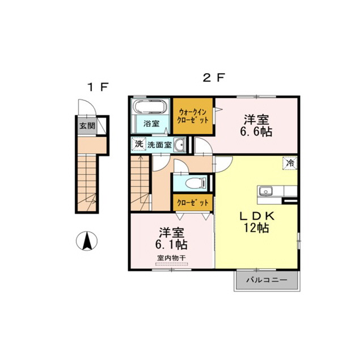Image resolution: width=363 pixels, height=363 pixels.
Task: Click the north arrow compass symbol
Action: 87,241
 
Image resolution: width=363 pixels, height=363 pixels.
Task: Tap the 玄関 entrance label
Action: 87,126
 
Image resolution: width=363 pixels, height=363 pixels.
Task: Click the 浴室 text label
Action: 151,124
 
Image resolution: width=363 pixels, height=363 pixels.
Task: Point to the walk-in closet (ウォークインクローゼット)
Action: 193,116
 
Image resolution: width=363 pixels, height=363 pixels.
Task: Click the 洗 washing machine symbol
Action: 138,144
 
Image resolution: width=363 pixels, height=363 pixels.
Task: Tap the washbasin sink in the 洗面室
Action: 179,145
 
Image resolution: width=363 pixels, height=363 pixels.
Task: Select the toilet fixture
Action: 196,183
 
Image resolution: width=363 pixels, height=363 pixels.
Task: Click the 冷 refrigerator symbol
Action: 290,163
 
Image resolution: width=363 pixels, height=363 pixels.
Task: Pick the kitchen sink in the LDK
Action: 266,191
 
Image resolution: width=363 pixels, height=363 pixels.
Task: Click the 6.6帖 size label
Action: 256,132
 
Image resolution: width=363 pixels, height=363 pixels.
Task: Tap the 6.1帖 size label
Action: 171,244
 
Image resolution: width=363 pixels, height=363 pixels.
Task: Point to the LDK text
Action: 256,216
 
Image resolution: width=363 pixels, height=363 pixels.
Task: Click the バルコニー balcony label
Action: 267,280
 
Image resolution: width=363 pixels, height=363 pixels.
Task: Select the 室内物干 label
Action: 171,258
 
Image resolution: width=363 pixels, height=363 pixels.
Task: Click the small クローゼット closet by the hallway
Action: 193,202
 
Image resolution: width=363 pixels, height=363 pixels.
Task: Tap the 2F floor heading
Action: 214,78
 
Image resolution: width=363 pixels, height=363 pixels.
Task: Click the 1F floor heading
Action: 98,87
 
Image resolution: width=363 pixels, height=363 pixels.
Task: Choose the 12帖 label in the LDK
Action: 256,228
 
